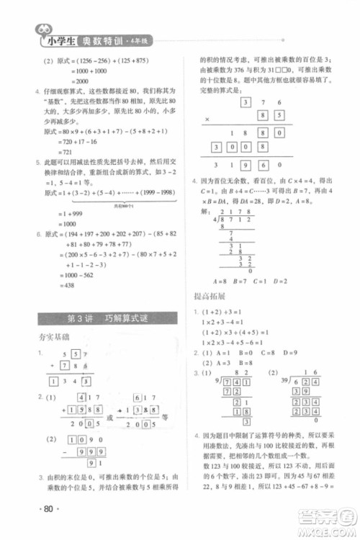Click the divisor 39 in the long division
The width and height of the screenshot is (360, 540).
(x=269, y=380)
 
